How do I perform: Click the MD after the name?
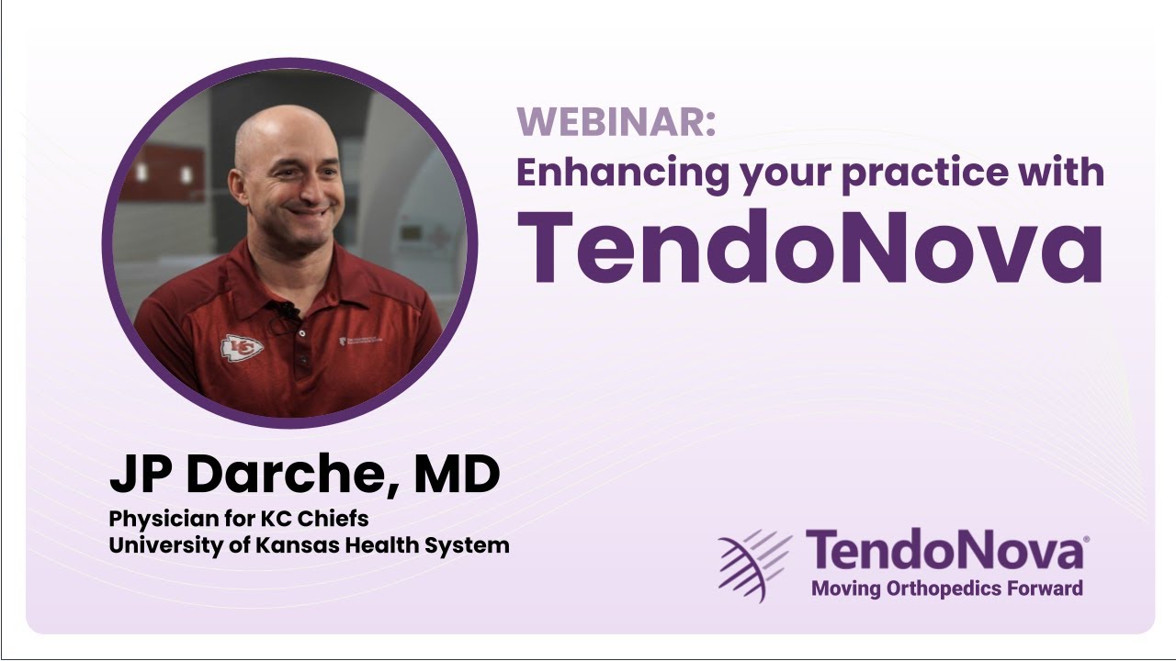click(x=457, y=474)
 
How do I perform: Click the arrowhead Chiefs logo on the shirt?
click(x=242, y=347)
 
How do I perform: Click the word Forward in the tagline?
click(x=1047, y=588)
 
